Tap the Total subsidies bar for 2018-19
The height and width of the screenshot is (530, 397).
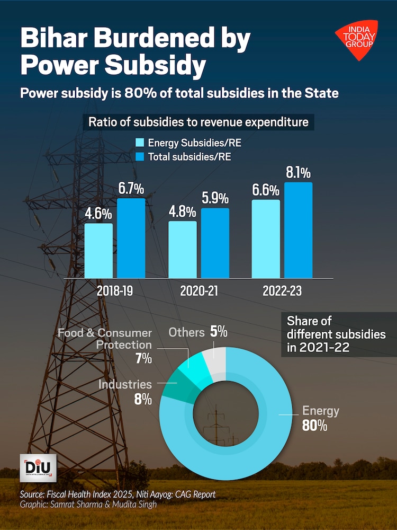click(131, 238)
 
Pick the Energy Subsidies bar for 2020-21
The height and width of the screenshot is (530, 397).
click(183, 249)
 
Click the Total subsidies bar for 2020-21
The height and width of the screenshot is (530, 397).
click(215, 243)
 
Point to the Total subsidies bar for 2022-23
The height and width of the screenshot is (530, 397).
click(298, 230)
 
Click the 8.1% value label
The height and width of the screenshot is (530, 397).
click(298, 172)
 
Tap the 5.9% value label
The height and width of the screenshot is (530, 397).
click(215, 198)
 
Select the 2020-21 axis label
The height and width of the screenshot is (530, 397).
click(198, 291)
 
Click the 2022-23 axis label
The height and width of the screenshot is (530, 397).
click(282, 291)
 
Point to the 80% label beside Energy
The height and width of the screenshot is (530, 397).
click(314, 425)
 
